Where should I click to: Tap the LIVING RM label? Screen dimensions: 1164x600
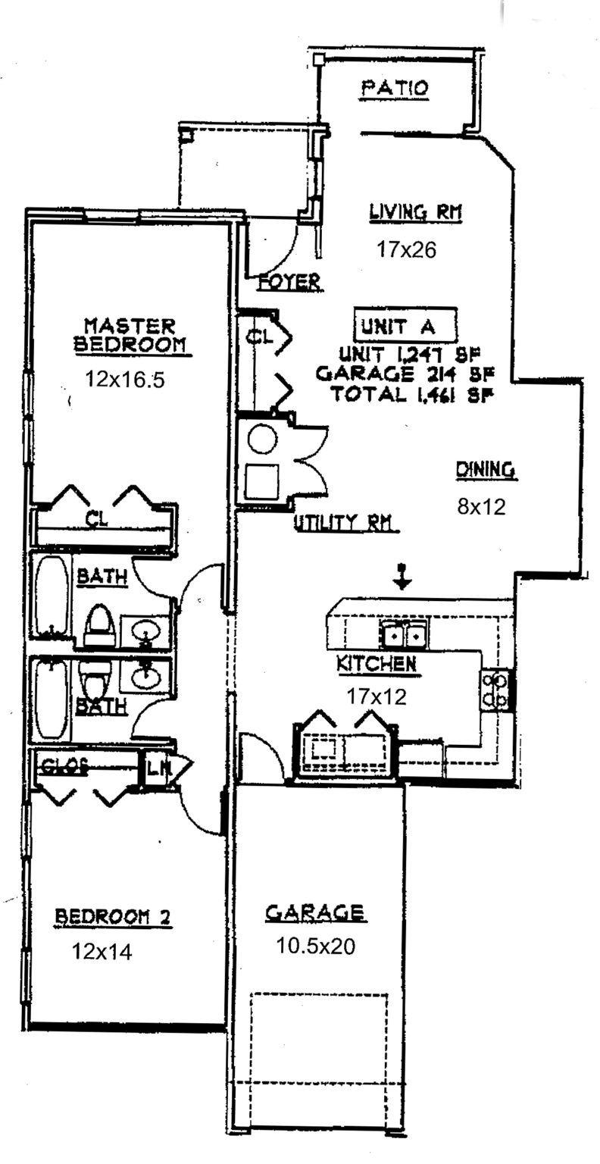coord(415,212)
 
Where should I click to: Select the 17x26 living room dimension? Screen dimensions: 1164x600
coord(406,249)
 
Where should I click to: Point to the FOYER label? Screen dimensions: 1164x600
coord(289,282)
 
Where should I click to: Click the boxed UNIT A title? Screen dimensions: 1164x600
coord(406,326)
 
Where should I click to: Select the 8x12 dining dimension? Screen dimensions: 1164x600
coord(480,507)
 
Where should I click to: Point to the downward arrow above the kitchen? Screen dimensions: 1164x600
coord(402,577)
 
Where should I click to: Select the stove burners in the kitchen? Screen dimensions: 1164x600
coord(495,688)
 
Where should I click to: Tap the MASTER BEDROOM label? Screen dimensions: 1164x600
coord(129,335)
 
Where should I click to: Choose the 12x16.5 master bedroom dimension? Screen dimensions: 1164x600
coord(125,380)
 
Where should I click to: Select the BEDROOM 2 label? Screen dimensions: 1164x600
coord(113,918)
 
